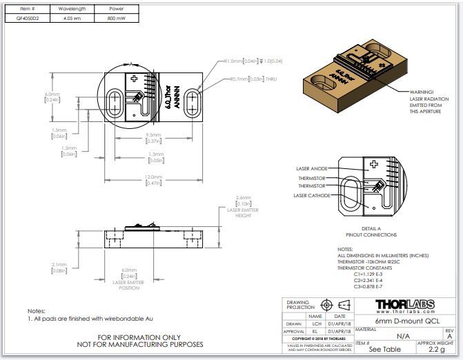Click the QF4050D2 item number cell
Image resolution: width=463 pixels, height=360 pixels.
click(x=28, y=19)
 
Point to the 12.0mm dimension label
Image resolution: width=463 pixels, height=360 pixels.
click(x=154, y=179)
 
